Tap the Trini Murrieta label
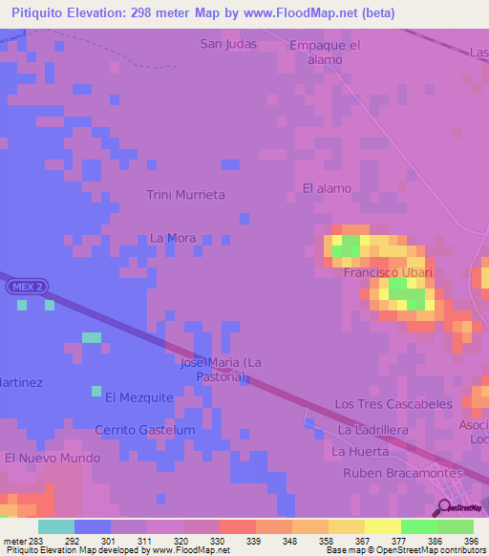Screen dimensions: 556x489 (x=185, y=195)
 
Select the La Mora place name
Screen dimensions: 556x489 (x=173, y=238)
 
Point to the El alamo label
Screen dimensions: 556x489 (x=327, y=188)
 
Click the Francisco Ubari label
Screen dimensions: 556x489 (x=388, y=273)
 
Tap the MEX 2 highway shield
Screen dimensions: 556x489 (x=26, y=287)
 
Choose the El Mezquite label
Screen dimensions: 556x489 (x=139, y=397)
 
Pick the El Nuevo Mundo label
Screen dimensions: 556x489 (x=52, y=459)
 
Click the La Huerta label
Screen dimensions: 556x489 (x=360, y=451)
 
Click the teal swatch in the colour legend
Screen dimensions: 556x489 (x=55, y=526)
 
